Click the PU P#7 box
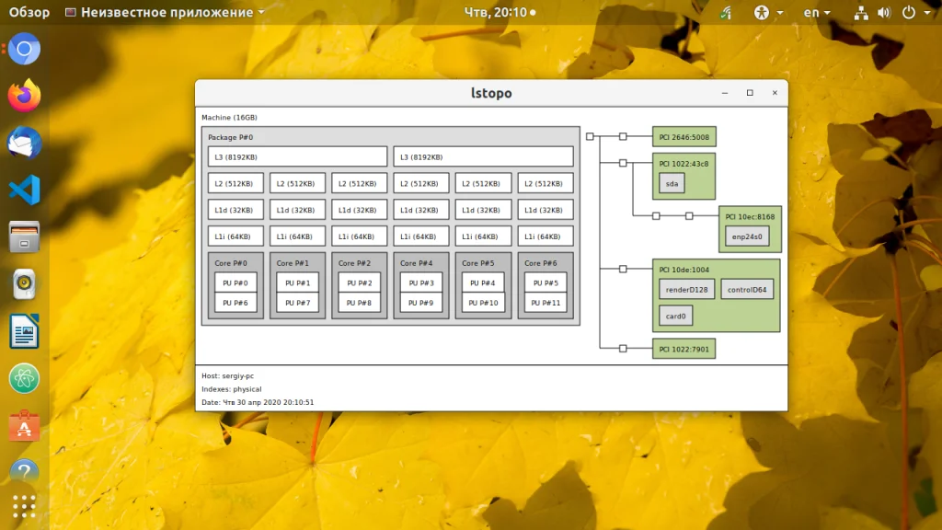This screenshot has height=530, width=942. (297, 303)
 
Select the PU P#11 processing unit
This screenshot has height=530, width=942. (546, 303)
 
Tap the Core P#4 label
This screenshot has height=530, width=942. (416, 263)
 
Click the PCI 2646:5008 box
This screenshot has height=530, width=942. (684, 137)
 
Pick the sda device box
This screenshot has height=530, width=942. (672, 184)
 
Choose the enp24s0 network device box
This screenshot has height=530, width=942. (746, 236)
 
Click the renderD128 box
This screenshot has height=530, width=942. (686, 289)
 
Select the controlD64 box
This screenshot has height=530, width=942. (747, 289)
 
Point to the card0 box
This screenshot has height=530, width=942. (675, 316)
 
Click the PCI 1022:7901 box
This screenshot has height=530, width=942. (684, 348)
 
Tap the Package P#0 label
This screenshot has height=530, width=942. (230, 137)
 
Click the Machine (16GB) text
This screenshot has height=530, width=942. (229, 118)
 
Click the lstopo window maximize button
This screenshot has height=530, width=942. (750, 93)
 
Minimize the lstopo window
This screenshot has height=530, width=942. (725, 93)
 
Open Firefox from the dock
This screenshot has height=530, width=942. (24, 95)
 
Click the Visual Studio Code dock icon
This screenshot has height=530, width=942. (24, 190)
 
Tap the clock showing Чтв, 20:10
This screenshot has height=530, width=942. (496, 12)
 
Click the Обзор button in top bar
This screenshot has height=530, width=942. (29, 12)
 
